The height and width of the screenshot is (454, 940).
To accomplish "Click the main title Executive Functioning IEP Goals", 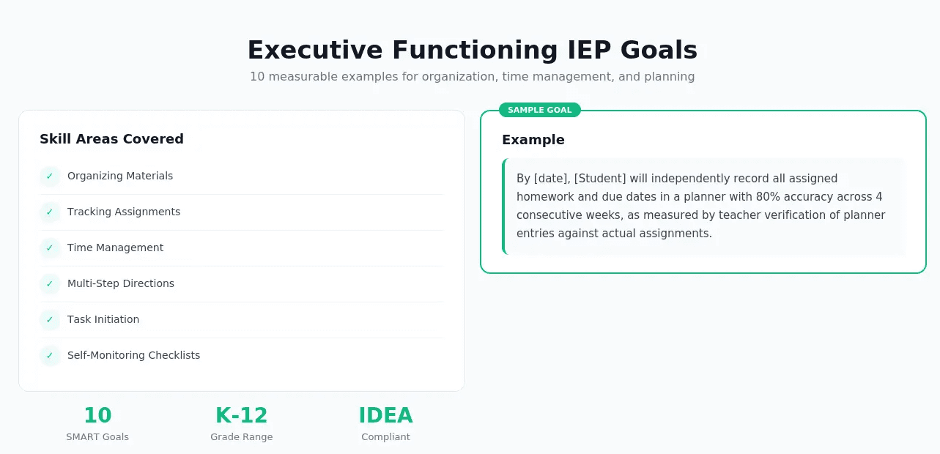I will [472, 50].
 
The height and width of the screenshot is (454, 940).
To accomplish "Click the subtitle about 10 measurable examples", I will [472, 76].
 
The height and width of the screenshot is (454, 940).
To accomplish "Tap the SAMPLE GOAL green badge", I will [539, 110].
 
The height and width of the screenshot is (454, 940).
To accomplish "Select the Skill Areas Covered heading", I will [111, 139].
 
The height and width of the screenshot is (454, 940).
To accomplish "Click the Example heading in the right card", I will [533, 140].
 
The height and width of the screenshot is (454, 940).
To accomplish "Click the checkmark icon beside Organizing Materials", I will [50, 176].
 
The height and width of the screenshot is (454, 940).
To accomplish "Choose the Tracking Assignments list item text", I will [123, 212].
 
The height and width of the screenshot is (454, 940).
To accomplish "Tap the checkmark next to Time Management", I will [50, 248].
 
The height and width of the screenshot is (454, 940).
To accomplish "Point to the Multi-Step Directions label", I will [120, 283].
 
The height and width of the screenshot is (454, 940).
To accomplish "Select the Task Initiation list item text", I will [103, 319].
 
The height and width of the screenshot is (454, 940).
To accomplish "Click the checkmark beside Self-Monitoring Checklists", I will [50, 355].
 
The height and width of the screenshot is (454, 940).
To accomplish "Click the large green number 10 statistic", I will [97, 415].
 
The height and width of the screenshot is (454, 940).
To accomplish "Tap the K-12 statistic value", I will [241, 415].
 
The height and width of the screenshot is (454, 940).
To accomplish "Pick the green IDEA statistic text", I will [385, 415].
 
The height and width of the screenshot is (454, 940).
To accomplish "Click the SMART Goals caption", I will [97, 437].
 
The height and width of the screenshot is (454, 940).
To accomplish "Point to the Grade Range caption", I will [241, 437].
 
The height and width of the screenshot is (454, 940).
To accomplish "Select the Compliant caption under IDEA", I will [385, 437].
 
